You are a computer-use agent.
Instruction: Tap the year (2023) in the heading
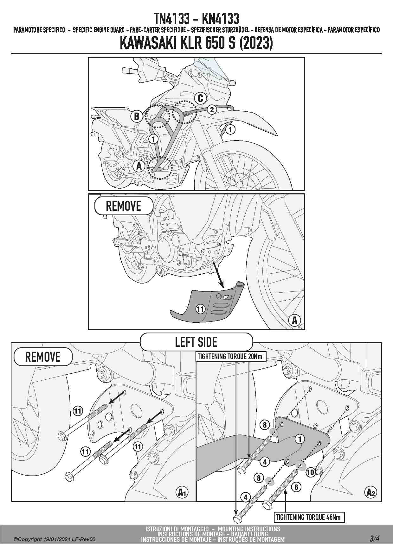[256, 43]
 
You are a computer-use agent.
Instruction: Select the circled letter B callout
[137, 116]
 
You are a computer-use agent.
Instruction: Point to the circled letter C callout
[200, 98]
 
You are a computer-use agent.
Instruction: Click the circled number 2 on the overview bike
[212, 109]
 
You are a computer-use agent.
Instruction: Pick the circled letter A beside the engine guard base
[139, 166]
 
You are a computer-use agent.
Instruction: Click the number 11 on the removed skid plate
[200, 309]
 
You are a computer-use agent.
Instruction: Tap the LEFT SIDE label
[196, 342]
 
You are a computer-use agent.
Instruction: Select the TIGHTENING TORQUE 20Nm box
[230, 357]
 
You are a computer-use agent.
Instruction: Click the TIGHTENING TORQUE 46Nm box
[309, 517]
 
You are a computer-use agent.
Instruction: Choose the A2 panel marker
[371, 492]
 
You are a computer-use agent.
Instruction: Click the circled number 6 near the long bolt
[296, 487]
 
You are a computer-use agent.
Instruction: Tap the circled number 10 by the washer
[310, 472]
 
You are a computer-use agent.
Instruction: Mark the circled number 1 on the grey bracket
[300, 439]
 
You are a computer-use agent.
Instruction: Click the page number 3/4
[374, 538]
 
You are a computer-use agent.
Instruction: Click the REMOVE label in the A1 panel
[43, 357]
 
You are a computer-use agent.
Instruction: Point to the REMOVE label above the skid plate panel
[123, 206]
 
